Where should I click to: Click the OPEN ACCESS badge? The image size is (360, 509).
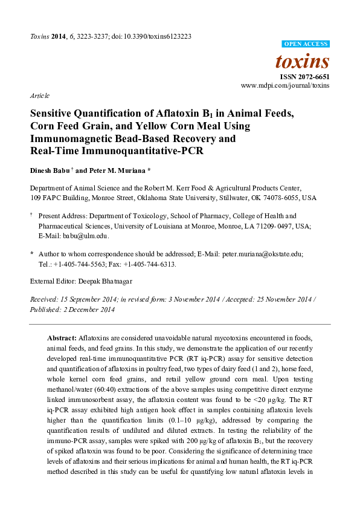pos(306,44)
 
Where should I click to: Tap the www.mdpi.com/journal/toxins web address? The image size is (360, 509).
pos(285,86)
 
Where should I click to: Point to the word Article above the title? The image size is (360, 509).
pos(39,96)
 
